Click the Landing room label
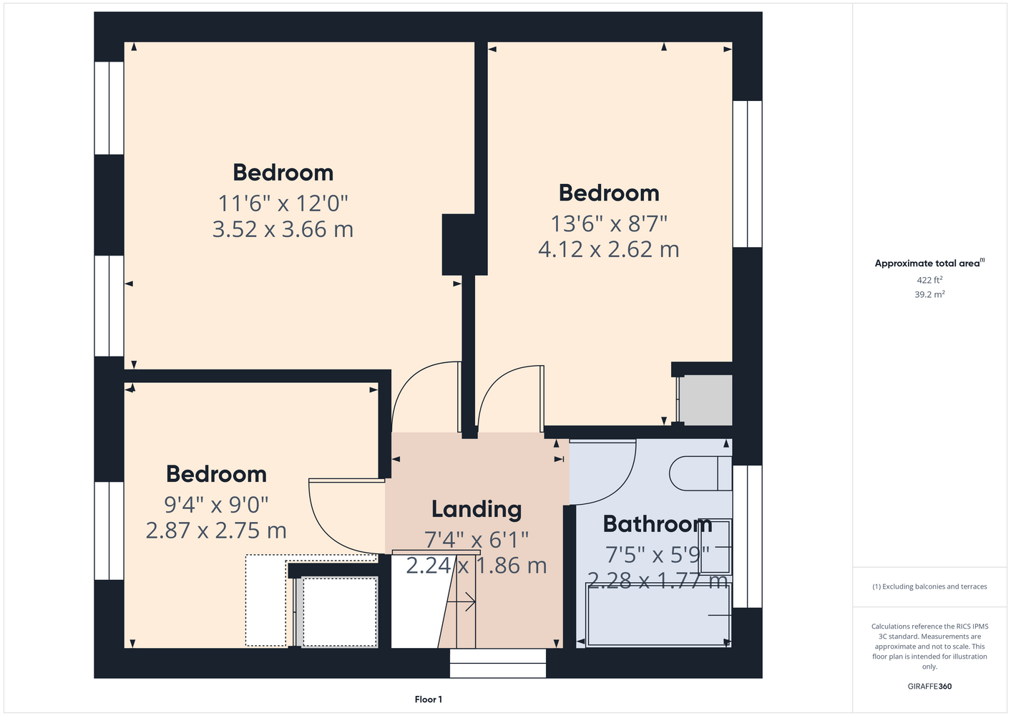[x=476, y=509]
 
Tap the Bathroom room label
[x=658, y=524]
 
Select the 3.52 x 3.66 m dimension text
[x=283, y=229]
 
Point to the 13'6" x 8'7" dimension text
[x=609, y=223]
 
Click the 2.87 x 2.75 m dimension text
[x=216, y=531]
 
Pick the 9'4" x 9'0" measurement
[x=216, y=505]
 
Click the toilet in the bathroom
[x=700, y=473]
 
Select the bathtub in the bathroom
[x=658, y=615]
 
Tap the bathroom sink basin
[x=715, y=546]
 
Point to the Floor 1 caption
[x=429, y=700]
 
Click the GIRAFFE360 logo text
[x=929, y=686]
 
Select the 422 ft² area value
[x=929, y=280]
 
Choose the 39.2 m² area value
[x=929, y=294]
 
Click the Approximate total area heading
[x=929, y=263]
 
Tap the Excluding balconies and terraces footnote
[x=929, y=586]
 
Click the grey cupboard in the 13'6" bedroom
[x=705, y=400]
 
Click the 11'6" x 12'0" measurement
[x=283, y=203]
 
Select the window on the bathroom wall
[x=748, y=536]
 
